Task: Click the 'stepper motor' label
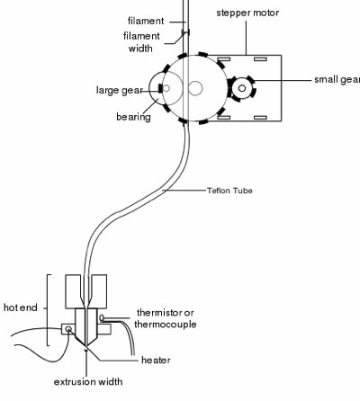point(247,13)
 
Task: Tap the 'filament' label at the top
point(146,21)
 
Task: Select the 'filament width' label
point(141,42)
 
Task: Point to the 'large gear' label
point(119,90)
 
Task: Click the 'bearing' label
point(133,117)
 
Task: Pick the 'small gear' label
point(337,79)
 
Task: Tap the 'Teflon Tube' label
point(229,191)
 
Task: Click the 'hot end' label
point(21,307)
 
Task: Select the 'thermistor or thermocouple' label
point(166,318)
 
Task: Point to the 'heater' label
point(156,360)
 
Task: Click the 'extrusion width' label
point(88,382)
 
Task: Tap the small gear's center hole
point(242,88)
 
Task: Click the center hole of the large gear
point(195,88)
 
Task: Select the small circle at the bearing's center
point(166,88)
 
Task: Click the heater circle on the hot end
point(68,329)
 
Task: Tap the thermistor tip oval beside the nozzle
point(102,317)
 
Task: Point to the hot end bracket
point(48,310)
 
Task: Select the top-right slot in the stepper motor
point(260,59)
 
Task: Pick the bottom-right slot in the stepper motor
point(260,118)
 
